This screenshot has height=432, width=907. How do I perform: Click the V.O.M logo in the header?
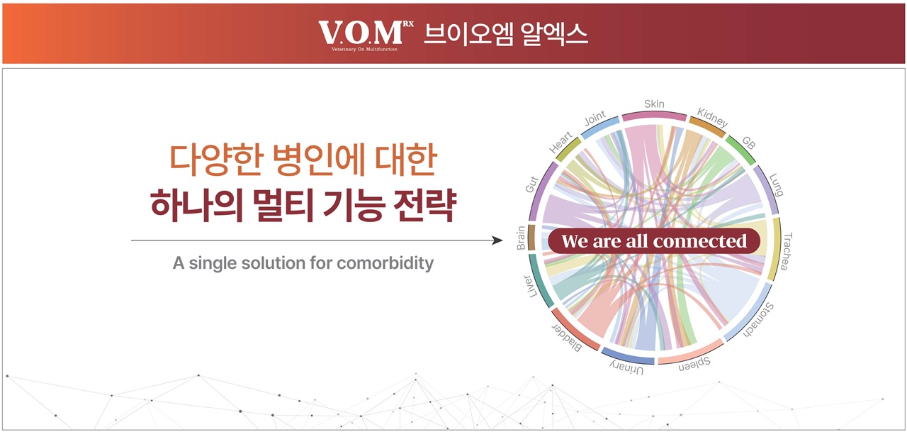click(366, 35)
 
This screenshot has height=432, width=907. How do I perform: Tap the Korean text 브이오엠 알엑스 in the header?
click(506, 34)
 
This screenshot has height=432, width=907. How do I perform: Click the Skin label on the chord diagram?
click(654, 104)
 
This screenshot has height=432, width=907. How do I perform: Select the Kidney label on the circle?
click(712, 117)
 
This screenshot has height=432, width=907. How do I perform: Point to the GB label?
click(749, 143)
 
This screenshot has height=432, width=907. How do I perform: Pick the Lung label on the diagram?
click(776, 185)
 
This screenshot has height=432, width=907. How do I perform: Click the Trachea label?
click(787, 251)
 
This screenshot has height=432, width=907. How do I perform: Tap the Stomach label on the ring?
click(759, 320)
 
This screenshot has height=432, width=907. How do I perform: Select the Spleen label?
click(694, 364)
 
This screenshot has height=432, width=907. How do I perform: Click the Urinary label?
click(626, 368)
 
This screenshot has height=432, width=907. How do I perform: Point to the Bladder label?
click(568, 338)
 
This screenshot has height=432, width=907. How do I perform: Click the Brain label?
click(521, 238)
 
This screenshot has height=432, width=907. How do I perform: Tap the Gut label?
click(531, 184)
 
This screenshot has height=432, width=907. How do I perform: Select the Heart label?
click(560, 143)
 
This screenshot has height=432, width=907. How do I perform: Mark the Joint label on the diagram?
click(595, 118)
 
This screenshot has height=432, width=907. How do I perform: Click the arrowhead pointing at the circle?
click(497, 240)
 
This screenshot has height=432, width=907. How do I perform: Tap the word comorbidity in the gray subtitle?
click(385, 263)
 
